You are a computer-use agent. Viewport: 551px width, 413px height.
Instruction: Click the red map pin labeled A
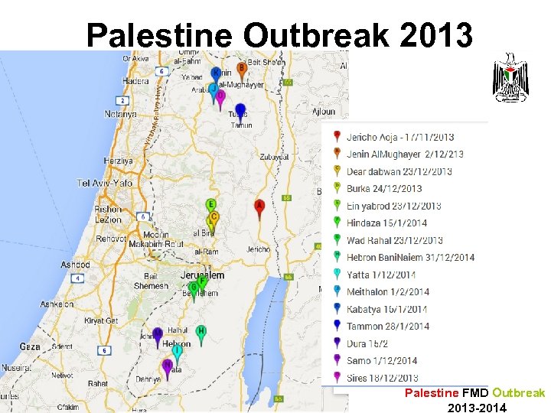pyautogui.click(x=259, y=206)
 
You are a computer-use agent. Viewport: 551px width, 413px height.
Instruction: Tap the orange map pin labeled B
pyautogui.click(x=241, y=70)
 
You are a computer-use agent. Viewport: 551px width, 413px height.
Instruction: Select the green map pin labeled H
pyautogui.click(x=201, y=333)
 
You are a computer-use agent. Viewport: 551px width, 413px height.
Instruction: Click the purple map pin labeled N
pyautogui.click(x=167, y=367)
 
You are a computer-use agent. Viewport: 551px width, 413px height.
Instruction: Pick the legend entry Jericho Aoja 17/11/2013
pyautogui.click(x=399, y=138)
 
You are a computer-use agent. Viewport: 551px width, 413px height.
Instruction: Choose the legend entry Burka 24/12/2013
pyautogui.click(x=383, y=189)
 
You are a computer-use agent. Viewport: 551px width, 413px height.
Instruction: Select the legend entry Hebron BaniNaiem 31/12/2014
pyautogui.click(x=409, y=258)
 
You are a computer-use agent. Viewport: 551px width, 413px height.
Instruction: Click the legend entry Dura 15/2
pyautogui.click(x=367, y=343)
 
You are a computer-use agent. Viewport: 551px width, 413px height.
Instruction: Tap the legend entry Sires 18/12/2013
pyautogui.click(x=382, y=378)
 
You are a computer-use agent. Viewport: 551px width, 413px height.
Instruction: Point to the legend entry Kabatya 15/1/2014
pyautogui.click(x=386, y=309)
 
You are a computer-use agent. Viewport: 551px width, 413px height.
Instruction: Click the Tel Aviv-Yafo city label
pyautogui.click(x=104, y=184)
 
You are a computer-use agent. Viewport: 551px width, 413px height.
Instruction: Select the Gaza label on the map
pyautogui.click(x=29, y=346)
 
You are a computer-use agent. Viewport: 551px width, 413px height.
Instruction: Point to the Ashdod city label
pyautogui.click(x=76, y=265)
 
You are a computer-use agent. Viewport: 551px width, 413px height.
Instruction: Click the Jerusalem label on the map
pyautogui.click(x=202, y=275)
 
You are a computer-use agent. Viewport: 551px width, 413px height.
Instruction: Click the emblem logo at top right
pyautogui.click(x=510, y=78)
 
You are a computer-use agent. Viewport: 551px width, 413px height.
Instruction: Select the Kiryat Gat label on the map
pyautogui.click(x=101, y=320)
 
